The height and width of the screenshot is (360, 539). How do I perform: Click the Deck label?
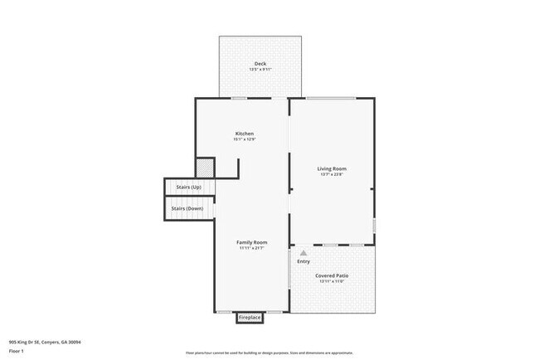[260, 63]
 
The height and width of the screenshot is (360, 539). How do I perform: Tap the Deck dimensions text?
[260, 70]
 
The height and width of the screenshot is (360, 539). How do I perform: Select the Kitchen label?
[244, 134]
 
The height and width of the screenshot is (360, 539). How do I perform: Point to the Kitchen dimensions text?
[244, 140]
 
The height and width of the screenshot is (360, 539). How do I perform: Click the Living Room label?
[331, 168]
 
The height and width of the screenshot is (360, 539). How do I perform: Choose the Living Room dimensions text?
[331, 174]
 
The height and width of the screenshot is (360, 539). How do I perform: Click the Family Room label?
[251, 241]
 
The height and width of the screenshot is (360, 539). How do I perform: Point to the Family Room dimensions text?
[251, 248]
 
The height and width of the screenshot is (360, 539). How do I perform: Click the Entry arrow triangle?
[303, 253]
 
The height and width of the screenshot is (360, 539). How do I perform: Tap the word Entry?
[303, 261]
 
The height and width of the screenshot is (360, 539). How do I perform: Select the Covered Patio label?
[331, 275]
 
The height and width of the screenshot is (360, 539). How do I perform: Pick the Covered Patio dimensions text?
[331, 282]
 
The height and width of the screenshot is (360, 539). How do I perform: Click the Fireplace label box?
[250, 318]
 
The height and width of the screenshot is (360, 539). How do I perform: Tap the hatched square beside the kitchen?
[206, 167]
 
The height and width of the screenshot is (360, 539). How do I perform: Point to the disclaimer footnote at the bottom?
[269, 353]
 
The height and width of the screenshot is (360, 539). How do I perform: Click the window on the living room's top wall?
[331, 99]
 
